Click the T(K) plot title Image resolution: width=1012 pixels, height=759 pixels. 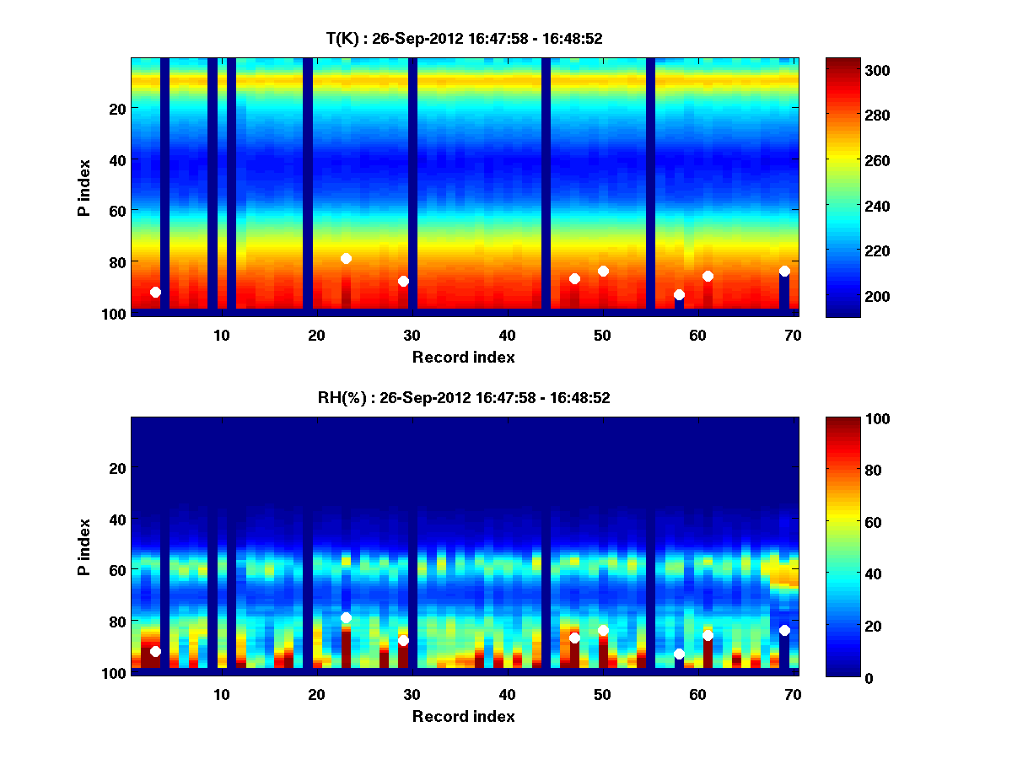(x=464, y=38)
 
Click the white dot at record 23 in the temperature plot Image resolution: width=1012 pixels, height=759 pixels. (x=346, y=258)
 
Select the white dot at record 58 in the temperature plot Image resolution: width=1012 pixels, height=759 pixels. (x=679, y=295)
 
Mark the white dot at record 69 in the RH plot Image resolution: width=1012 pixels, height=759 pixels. (x=784, y=630)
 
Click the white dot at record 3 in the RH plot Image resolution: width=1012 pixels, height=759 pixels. (x=155, y=651)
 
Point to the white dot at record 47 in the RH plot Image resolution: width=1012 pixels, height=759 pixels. (x=574, y=638)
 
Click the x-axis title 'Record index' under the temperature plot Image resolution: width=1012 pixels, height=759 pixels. (x=463, y=357)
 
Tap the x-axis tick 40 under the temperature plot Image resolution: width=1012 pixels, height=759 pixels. (x=507, y=334)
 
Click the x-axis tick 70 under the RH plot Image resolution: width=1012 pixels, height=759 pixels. (x=793, y=694)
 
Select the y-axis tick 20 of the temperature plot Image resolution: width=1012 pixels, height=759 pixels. (x=116, y=109)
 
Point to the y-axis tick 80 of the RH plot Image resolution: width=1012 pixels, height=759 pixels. (x=116, y=622)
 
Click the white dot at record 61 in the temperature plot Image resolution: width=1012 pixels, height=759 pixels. (x=708, y=276)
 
